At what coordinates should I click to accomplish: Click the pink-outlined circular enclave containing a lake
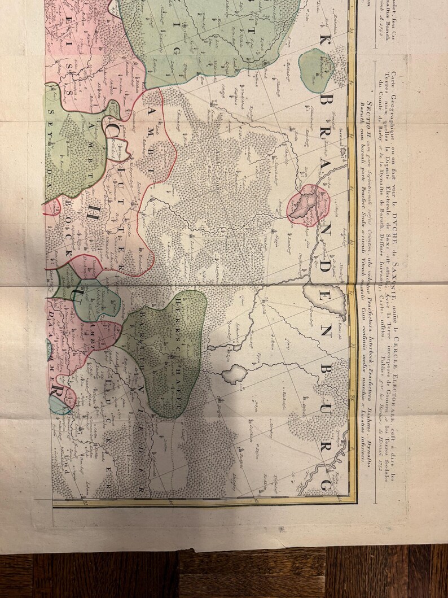(x=308, y=204)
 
